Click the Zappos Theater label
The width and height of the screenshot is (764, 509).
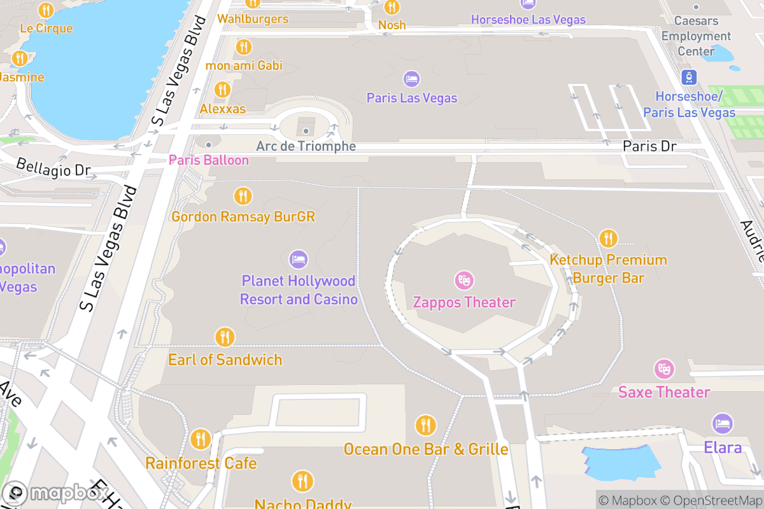click(464, 302)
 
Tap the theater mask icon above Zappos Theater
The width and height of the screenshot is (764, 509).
click(464, 280)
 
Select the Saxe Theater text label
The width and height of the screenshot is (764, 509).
click(664, 392)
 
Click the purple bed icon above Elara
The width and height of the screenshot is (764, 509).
click(722, 424)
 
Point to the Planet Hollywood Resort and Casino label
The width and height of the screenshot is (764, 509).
click(299, 290)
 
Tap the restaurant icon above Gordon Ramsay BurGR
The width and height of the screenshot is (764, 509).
click(243, 196)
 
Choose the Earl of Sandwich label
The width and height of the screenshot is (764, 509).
click(225, 359)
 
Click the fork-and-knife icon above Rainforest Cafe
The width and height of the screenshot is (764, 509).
click(201, 438)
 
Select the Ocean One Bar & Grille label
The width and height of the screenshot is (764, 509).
click(426, 449)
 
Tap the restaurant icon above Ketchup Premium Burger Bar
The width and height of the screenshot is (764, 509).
click(608, 239)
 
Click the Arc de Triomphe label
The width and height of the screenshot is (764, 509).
click(306, 146)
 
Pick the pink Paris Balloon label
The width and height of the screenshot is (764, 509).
click(208, 160)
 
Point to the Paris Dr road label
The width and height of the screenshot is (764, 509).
click(649, 146)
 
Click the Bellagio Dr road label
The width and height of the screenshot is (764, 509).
click(53, 169)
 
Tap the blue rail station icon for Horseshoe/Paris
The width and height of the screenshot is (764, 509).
click(689, 78)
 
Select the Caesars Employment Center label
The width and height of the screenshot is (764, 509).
click(695, 36)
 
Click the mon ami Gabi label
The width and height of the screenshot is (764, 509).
click(244, 66)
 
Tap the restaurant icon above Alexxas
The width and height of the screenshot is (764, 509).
click(222, 89)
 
